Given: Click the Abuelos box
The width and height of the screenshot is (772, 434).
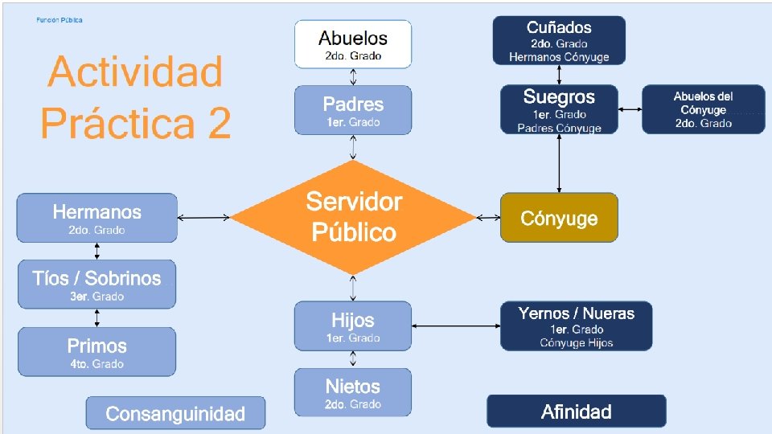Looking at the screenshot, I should click(x=353, y=45).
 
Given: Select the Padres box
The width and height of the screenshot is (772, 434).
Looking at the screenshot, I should click(x=353, y=110).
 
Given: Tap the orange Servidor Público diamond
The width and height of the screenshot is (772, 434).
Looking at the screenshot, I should click(x=353, y=217).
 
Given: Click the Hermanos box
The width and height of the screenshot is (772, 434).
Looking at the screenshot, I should click(x=96, y=218).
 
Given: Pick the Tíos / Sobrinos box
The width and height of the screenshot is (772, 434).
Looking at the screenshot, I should click(x=96, y=285).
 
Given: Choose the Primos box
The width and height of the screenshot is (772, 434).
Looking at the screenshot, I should click(x=96, y=352).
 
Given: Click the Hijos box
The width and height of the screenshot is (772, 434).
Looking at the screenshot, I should click(x=353, y=326).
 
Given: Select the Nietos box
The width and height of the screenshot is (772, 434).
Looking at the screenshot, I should click(x=353, y=393).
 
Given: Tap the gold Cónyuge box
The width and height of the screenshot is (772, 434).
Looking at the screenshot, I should click(x=559, y=218).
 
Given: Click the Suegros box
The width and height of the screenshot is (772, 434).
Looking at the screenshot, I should click(x=559, y=109).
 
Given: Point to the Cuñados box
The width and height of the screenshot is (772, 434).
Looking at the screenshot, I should click(x=559, y=40).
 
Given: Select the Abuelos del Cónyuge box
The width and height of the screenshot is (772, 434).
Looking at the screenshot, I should click(x=704, y=109).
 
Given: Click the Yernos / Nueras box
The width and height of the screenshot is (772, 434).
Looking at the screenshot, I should click(x=576, y=326).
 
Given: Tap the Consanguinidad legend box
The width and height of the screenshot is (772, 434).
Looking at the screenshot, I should click(x=175, y=413).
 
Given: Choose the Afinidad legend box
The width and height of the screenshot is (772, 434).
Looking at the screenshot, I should click(x=576, y=411).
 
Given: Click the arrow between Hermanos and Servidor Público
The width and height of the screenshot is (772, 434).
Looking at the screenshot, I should click(x=204, y=218).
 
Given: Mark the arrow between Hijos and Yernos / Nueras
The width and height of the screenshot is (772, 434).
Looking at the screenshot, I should click(x=456, y=326).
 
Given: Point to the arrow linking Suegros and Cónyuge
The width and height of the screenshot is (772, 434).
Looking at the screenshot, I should click(x=559, y=163).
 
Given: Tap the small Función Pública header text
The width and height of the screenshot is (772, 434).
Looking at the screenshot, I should click(x=60, y=20).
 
